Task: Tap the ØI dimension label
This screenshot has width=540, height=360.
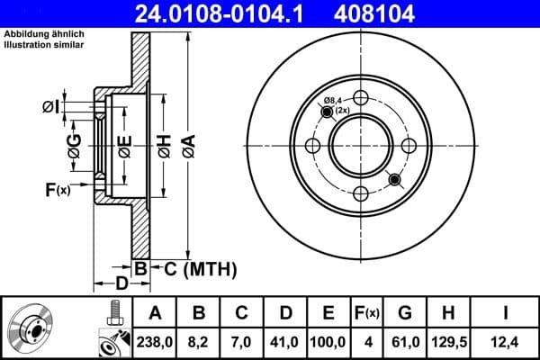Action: (x=50, y=108)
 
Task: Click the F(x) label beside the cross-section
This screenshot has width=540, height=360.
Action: (x=58, y=189)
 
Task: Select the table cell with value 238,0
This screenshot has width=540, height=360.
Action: (x=156, y=341)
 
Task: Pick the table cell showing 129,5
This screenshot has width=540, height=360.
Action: (x=447, y=341)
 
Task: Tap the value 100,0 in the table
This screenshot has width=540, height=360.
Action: (x=328, y=341)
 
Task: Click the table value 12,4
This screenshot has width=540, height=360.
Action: (x=507, y=341)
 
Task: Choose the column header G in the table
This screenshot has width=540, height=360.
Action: (x=405, y=312)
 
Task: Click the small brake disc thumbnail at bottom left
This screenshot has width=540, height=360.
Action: (x=31, y=329)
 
